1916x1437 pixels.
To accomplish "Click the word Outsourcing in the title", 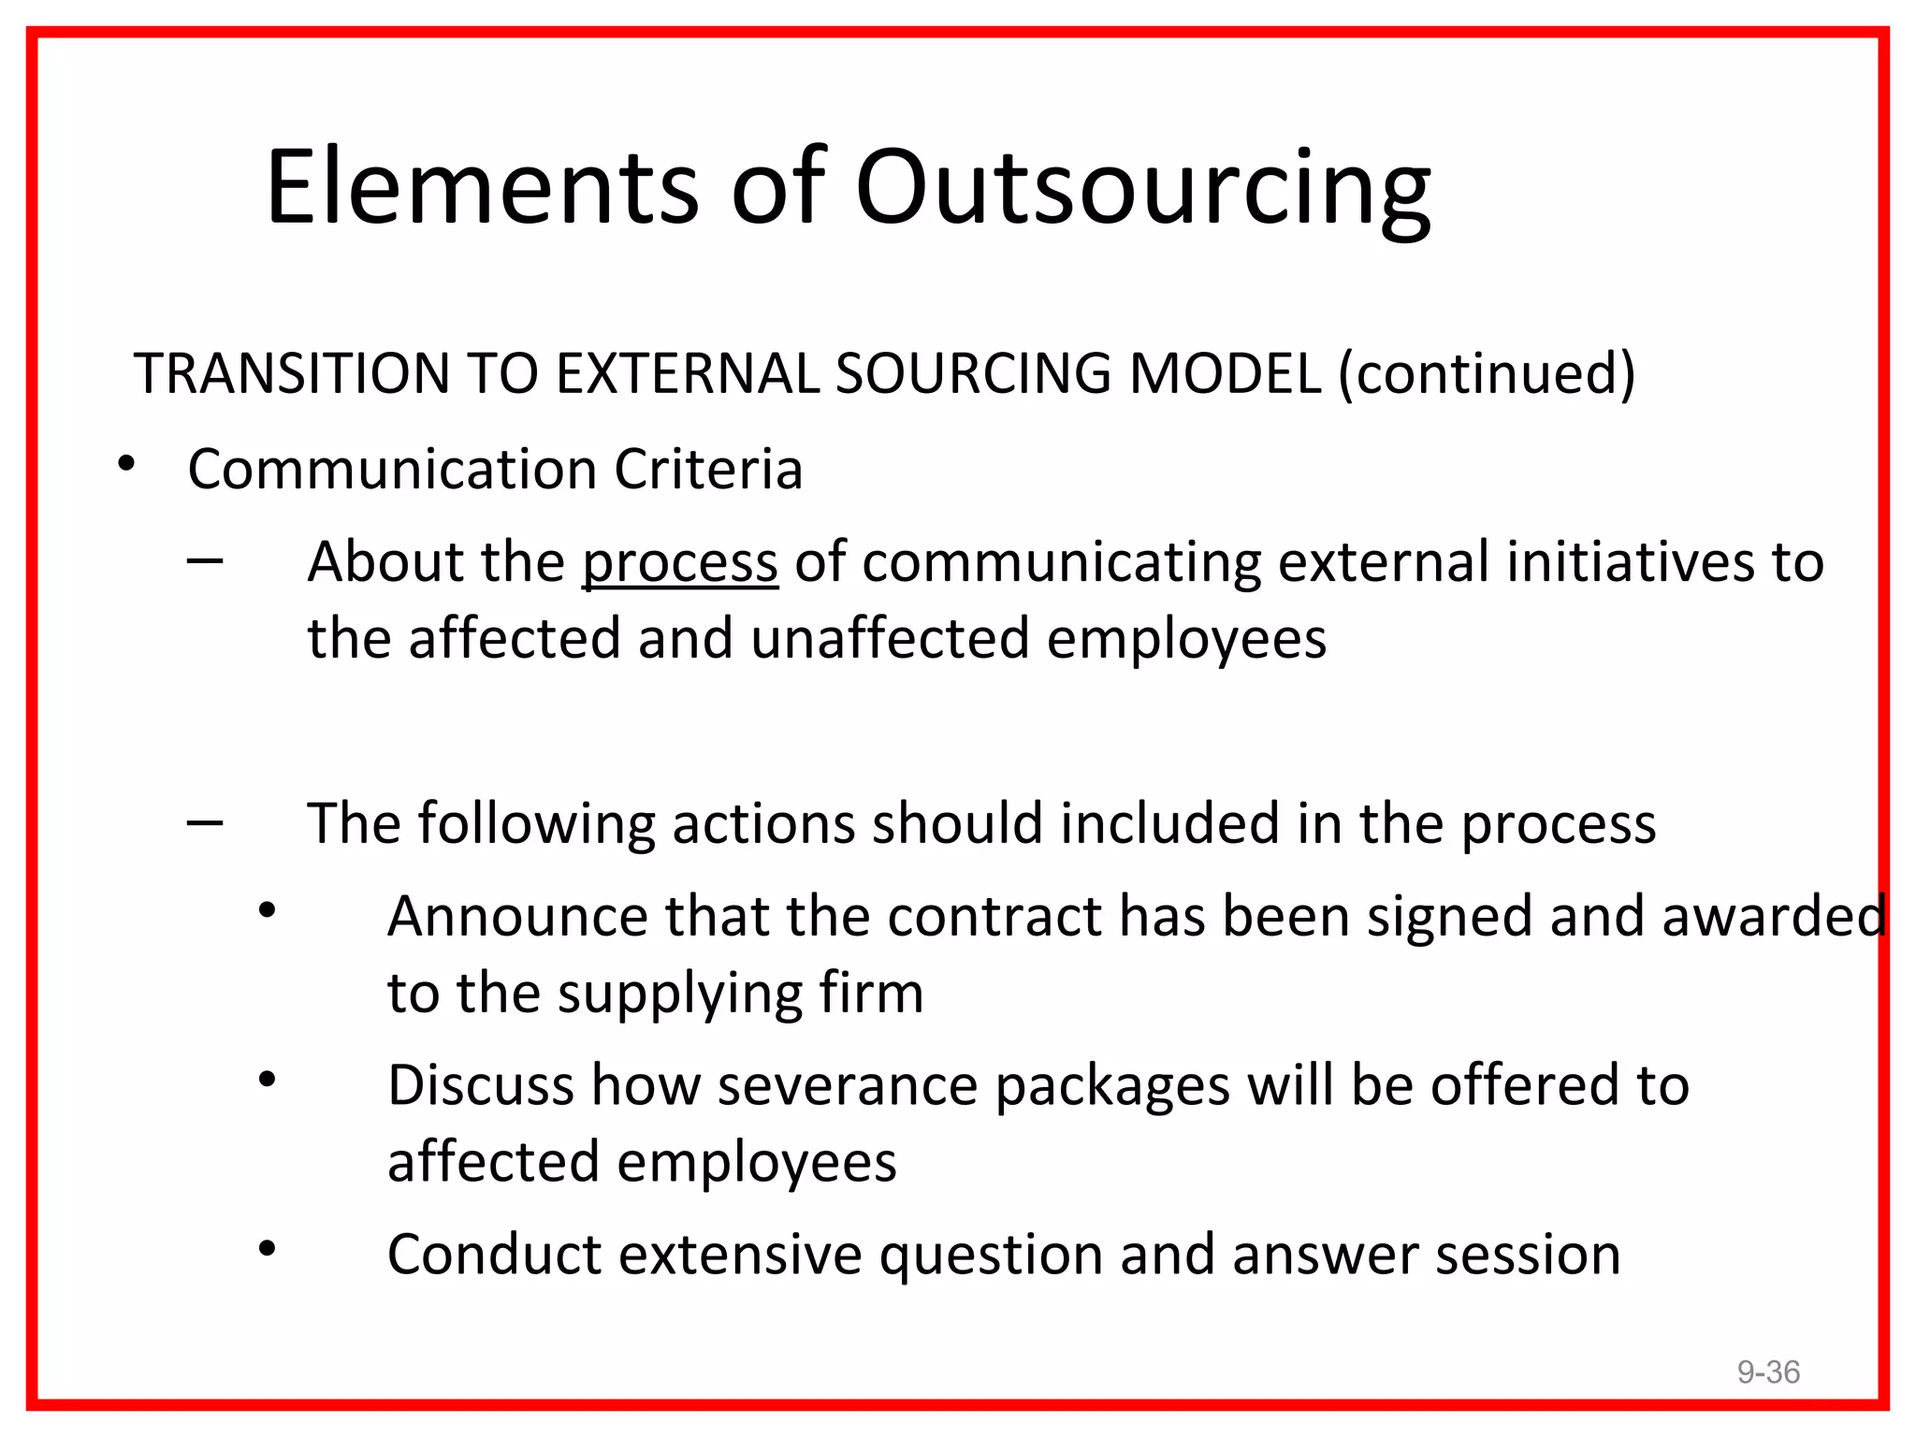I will click(1142, 189).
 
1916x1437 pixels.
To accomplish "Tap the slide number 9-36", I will click(1768, 1372).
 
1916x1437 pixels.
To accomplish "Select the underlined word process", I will click(680, 563).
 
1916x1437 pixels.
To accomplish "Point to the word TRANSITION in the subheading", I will click(292, 373).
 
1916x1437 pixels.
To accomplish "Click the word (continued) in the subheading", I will click(1487, 373).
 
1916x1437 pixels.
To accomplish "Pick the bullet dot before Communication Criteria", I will click(127, 464).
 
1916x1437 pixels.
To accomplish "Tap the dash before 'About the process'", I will click(205, 561).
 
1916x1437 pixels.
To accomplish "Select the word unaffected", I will click(890, 639).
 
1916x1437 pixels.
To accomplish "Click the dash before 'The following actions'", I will click(205, 823).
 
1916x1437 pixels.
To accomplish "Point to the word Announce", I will click(517, 916).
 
